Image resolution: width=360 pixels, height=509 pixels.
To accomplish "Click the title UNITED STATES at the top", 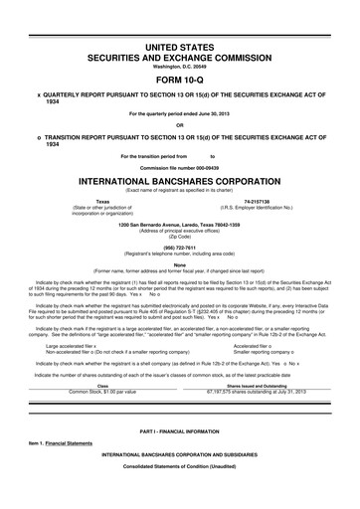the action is (x=179, y=48).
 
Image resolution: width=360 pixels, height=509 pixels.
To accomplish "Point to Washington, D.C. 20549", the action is (x=179, y=67).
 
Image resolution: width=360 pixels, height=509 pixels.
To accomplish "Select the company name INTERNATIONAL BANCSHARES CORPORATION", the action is (x=179, y=182).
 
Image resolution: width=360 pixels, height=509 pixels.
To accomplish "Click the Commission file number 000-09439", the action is (x=179, y=167).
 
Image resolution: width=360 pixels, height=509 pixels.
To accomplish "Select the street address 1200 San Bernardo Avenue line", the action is (x=179, y=224).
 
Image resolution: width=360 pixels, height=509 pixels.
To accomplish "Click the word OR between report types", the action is (x=179, y=124).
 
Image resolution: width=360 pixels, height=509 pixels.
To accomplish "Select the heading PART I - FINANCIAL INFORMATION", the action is (x=179, y=431).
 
